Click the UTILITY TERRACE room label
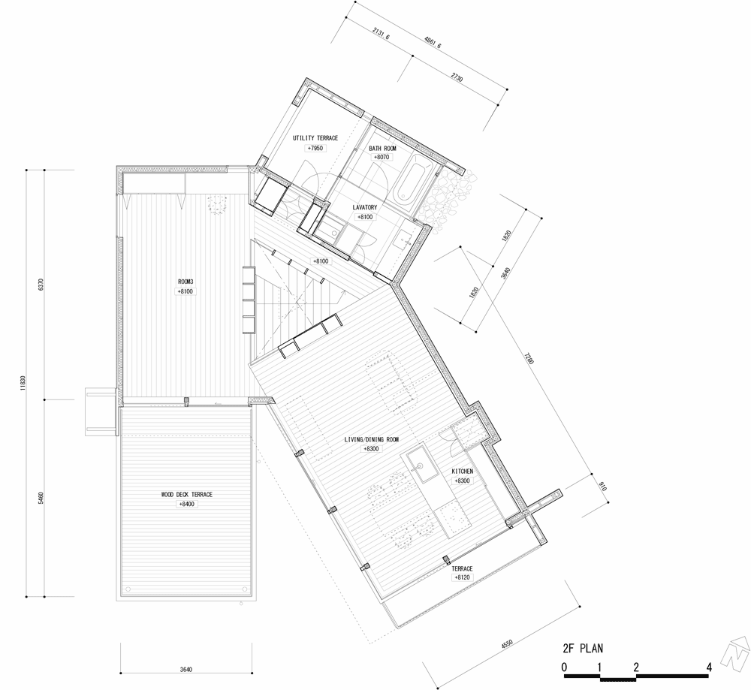(315, 138)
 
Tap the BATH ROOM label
(382, 149)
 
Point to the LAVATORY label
(365, 208)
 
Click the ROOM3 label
(185, 282)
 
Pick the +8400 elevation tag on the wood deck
(187, 505)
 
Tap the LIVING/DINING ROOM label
(372, 439)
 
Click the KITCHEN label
(462, 472)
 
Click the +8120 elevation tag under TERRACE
(462, 577)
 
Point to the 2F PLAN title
(583, 649)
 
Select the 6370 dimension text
(41, 285)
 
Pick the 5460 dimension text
(41, 498)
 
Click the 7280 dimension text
(528, 358)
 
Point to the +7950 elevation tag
(315, 149)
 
